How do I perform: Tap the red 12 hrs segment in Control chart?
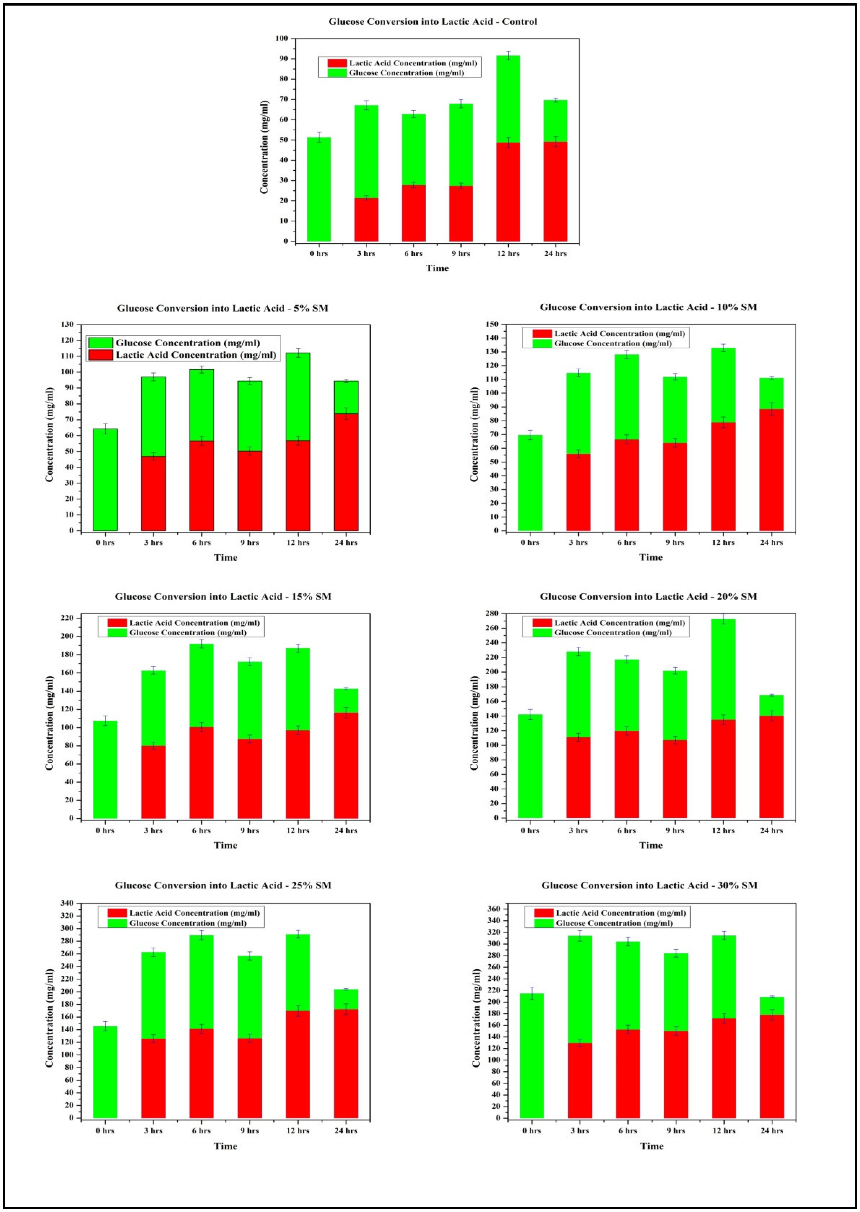[x=508, y=192]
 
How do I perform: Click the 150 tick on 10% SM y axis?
[x=492, y=324]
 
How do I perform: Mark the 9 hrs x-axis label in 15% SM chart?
[x=250, y=830]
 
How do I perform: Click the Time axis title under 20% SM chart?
[x=651, y=845]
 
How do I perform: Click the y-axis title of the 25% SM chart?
[x=49, y=1018]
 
